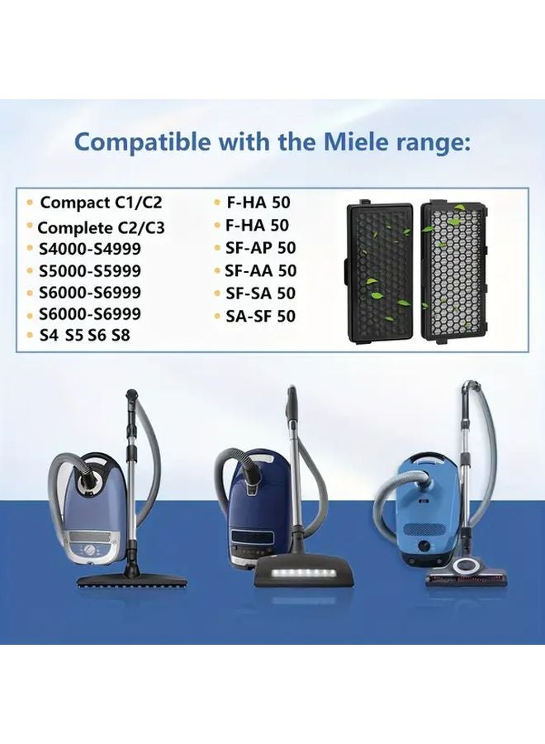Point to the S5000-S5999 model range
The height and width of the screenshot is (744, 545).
[x=89, y=271]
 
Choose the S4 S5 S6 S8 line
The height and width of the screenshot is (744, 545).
[x=83, y=336]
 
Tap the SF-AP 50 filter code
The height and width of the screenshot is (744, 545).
[x=260, y=248]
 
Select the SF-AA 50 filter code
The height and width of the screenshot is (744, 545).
[x=260, y=270]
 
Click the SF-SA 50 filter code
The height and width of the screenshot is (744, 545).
[x=260, y=293]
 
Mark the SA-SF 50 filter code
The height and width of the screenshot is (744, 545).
[x=260, y=315]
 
